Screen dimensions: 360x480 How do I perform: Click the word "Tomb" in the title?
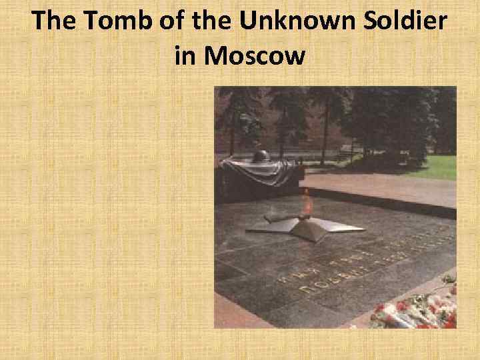click(x=116, y=22)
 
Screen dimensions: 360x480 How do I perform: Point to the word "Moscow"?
click(x=256, y=55)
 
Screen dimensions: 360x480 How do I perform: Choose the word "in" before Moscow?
click(x=185, y=55)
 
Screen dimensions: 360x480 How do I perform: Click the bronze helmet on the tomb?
click(x=261, y=157)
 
